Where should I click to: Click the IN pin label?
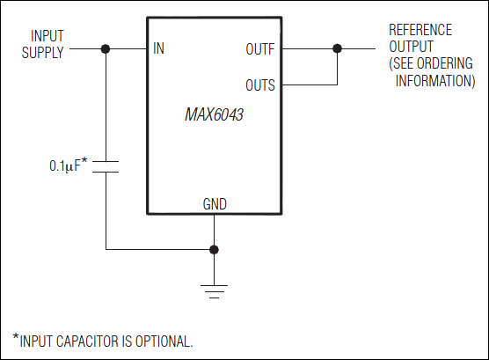[x=159, y=49]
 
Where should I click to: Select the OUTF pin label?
[x=259, y=49]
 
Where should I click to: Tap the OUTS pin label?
[x=259, y=85]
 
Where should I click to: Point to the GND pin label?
[x=215, y=203]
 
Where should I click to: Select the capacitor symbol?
[x=106, y=166]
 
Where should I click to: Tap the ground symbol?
[x=215, y=290]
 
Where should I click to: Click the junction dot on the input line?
[x=106, y=49]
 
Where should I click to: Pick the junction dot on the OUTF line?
[x=337, y=49]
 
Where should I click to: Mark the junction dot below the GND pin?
[x=215, y=250]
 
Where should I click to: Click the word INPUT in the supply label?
[x=47, y=36]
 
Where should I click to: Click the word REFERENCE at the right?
[x=422, y=31]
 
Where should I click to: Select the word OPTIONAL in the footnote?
[x=164, y=341]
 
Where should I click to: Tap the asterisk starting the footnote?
[x=15, y=337]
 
